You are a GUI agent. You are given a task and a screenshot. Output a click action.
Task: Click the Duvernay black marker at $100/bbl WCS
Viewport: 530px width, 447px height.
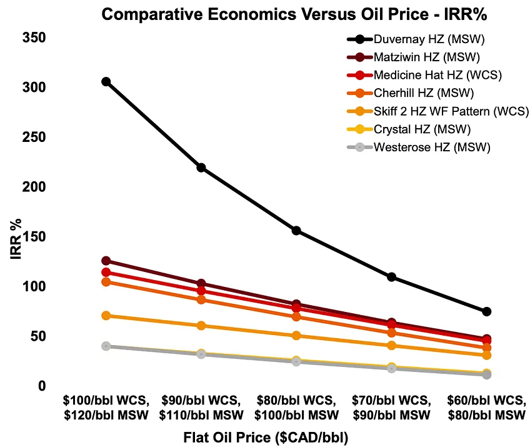tap(106, 82)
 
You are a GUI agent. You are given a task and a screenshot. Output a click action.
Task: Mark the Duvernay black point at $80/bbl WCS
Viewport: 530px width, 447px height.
tap(296, 231)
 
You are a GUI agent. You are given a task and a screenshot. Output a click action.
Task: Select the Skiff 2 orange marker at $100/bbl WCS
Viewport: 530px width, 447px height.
tap(106, 316)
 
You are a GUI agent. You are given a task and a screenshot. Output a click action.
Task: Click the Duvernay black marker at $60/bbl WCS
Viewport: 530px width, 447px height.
tap(486, 311)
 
